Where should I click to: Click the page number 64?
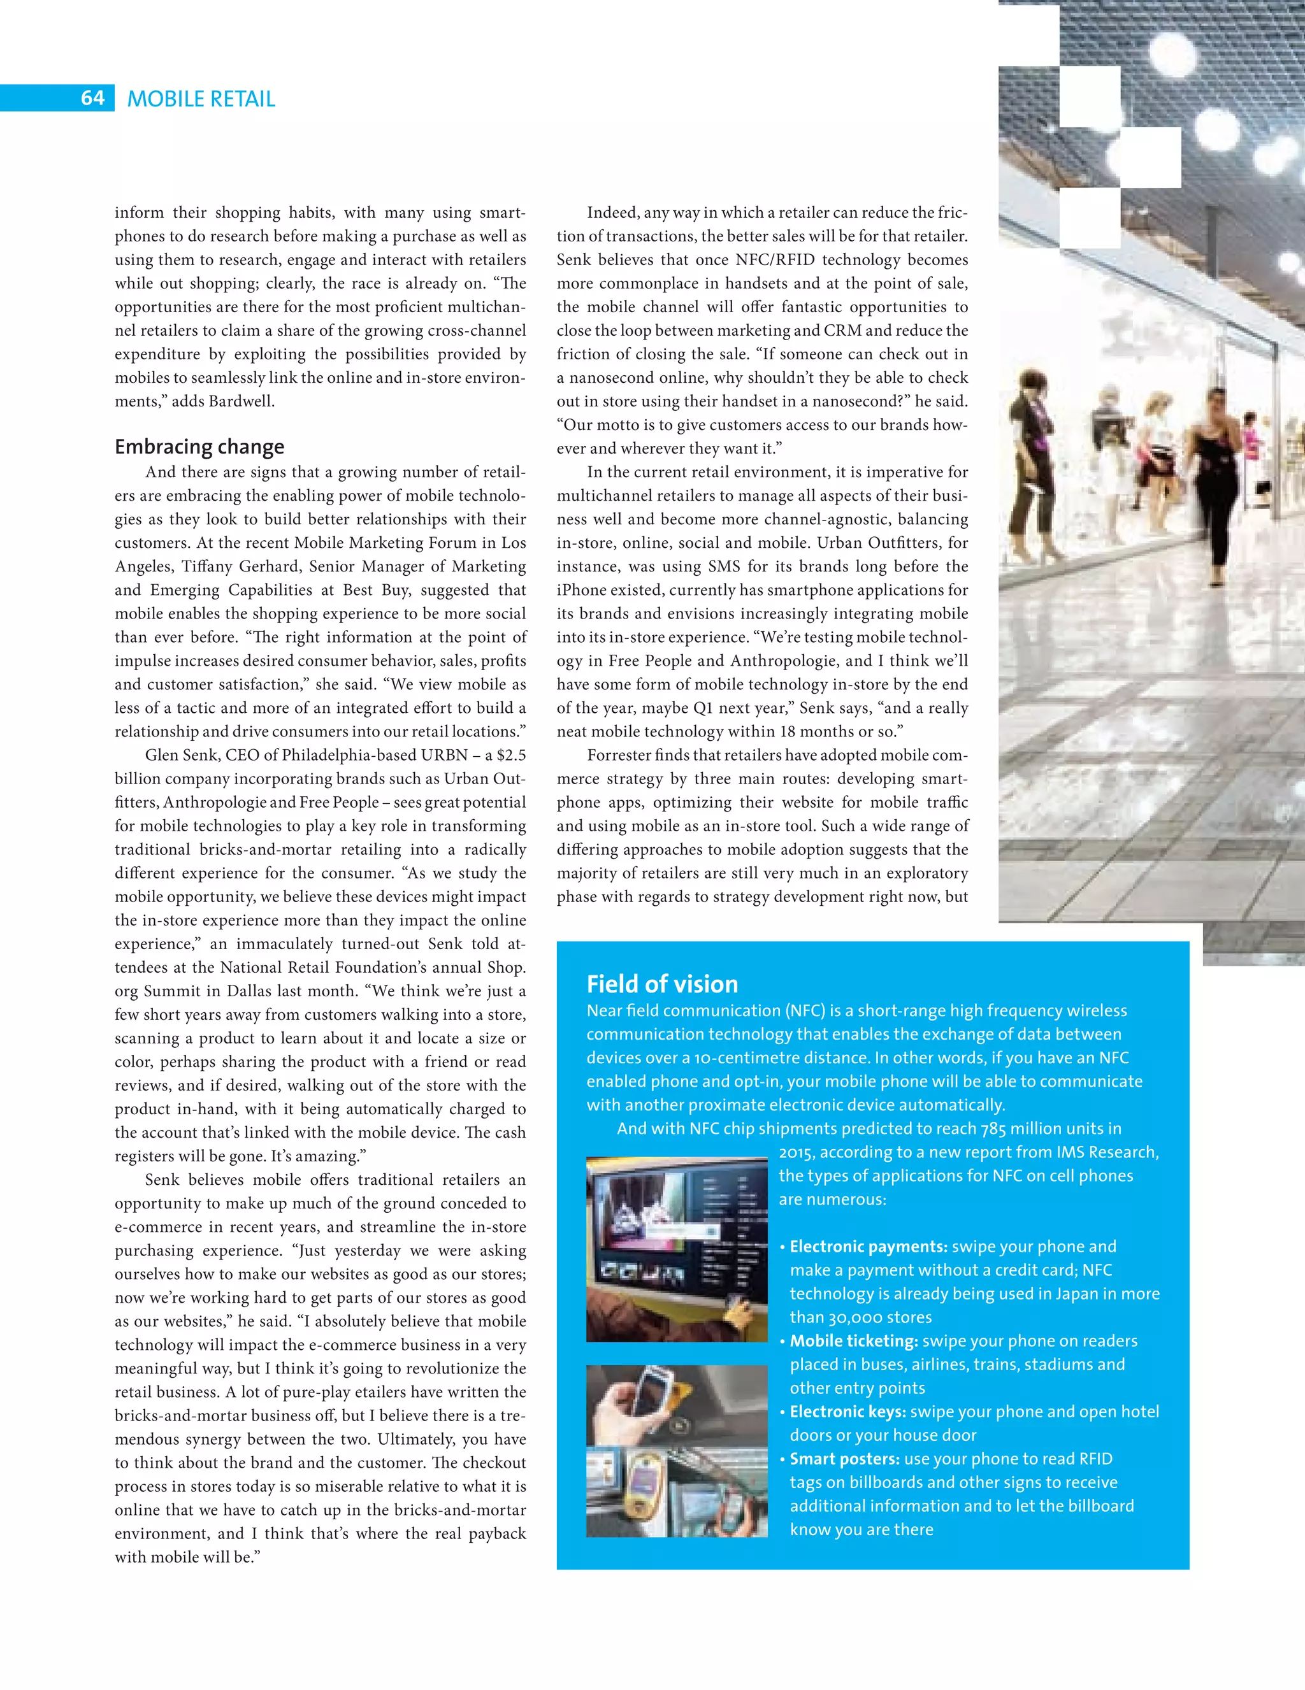click(x=92, y=98)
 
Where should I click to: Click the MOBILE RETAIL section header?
click(x=201, y=99)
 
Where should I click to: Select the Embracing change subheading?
click(x=199, y=447)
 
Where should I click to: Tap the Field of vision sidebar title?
click(x=662, y=984)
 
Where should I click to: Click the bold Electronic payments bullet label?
click(x=868, y=1247)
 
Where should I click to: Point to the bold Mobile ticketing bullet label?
click(x=853, y=1341)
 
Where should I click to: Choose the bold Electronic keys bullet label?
click(x=847, y=1412)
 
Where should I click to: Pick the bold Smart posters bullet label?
click(x=844, y=1459)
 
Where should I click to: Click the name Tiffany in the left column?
click(x=210, y=566)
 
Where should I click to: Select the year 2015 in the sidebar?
click(x=796, y=1152)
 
